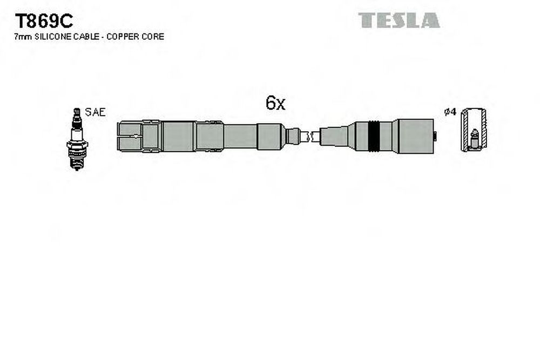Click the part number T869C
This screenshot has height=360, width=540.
click(44, 22)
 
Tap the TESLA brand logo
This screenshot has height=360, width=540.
click(399, 20)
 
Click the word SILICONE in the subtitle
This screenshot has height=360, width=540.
click(53, 37)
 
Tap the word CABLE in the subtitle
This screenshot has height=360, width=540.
click(86, 37)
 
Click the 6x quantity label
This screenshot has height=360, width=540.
click(275, 103)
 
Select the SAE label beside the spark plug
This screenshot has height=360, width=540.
click(95, 112)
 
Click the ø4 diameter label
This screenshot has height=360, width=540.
click(450, 112)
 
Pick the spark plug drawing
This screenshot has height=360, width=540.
click(77, 139)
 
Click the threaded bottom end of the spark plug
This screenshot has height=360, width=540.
click(77, 163)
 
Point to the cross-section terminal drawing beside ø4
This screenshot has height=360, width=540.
click(474, 130)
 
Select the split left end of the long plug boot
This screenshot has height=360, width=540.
click(130, 137)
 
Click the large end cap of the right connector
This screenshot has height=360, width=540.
click(415, 137)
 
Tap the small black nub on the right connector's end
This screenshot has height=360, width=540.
click(435, 137)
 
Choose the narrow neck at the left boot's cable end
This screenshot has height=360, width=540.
click(293, 137)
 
